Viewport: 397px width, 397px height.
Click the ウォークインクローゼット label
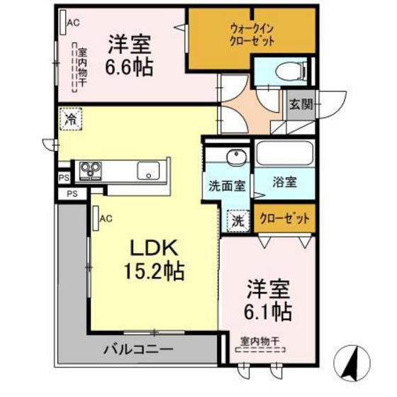[252, 34]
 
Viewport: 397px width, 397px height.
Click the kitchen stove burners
[90, 169]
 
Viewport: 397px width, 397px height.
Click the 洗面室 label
[227, 186]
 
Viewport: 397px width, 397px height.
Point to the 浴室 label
[285, 181]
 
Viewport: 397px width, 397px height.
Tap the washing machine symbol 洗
[238, 220]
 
